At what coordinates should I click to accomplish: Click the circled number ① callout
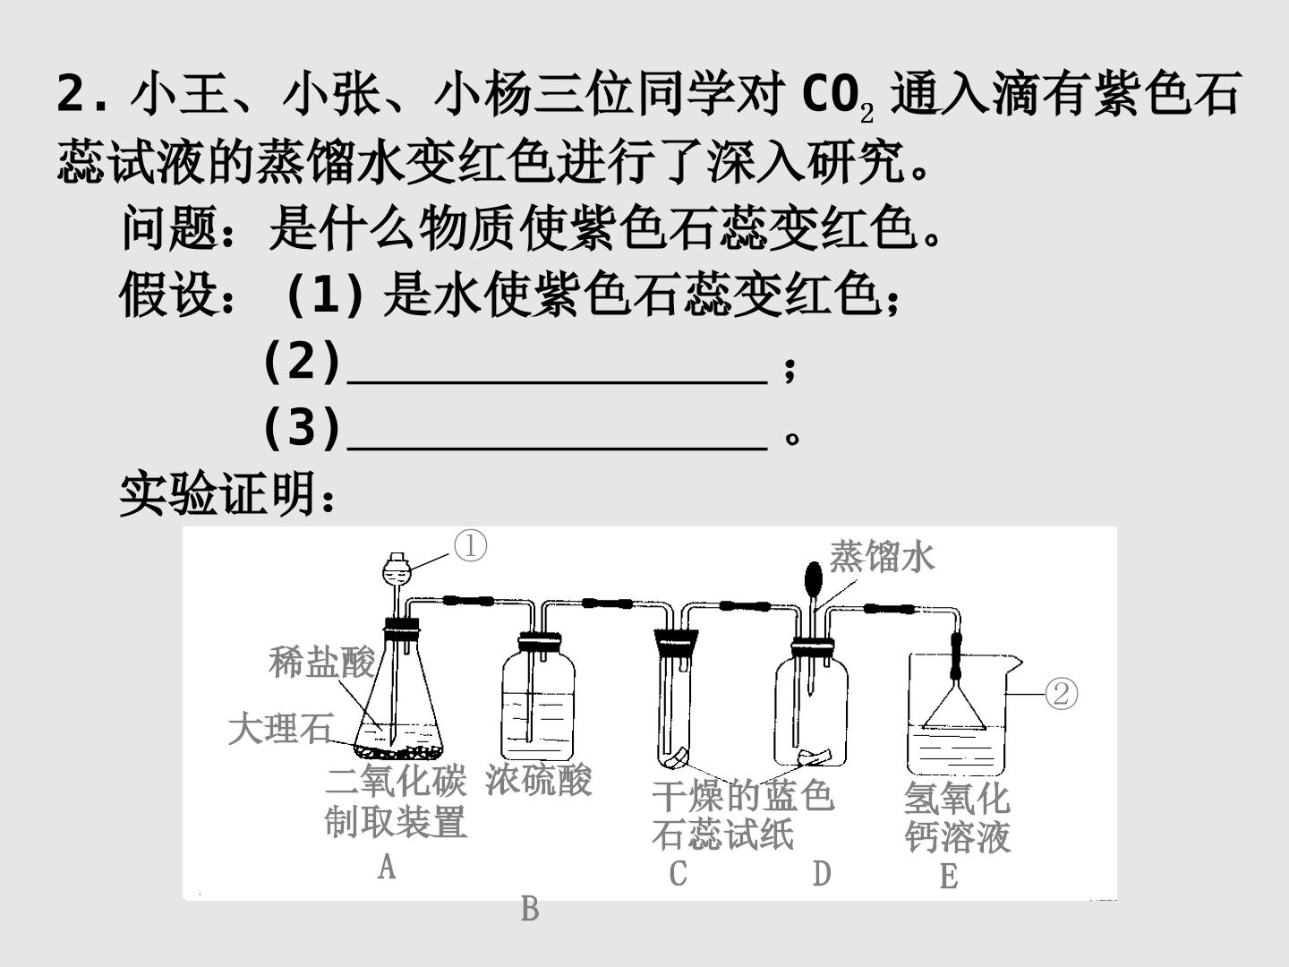click(x=470, y=546)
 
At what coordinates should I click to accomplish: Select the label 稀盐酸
click(x=322, y=663)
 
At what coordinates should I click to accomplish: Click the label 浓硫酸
click(x=539, y=780)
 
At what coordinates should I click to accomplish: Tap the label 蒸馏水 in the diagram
click(x=882, y=556)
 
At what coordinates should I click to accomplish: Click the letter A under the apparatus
click(x=387, y=867)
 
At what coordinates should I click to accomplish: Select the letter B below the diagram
click(x=530, y=909)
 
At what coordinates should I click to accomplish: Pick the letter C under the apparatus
click(x=678, y=873)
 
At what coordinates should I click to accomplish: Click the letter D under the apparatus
click(x=822, y=873)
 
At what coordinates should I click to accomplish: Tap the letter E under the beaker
click(x=949, y=877)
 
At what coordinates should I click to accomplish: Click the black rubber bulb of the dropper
click(x=814, y=579)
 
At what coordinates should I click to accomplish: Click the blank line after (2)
click(x=558, y=382)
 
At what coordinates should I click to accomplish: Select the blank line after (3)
click(x=558, y=448)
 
